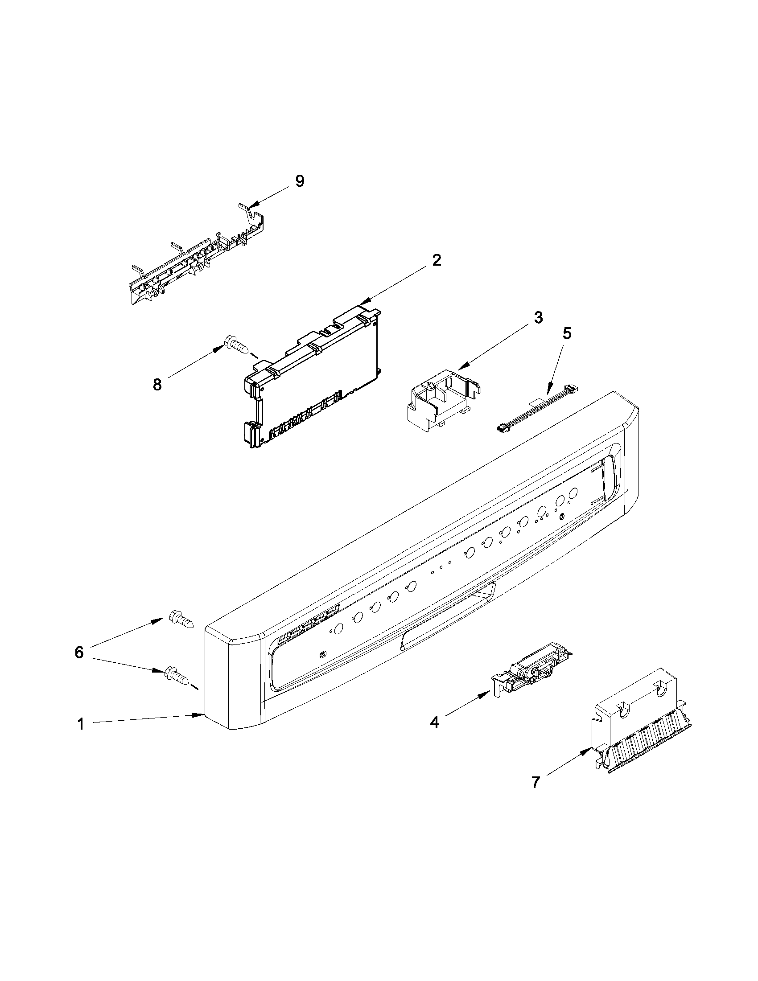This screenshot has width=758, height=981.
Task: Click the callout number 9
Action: (x=299, y=181)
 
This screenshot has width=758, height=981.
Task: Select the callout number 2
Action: (x=436, y=261)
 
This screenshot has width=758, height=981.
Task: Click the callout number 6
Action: (x=79, y=652)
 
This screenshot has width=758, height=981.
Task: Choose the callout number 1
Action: (x=80, y=724)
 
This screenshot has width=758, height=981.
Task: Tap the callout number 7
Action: (x=535, y=783)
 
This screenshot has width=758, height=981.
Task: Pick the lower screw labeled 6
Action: (x=178, y=686)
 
